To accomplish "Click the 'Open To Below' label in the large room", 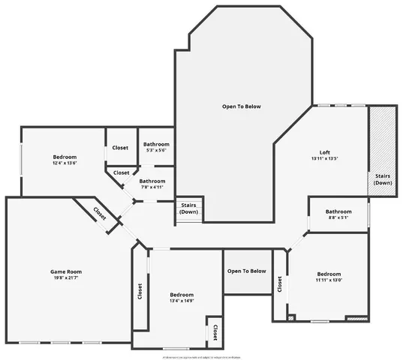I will click(242, 106).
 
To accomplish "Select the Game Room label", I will click(66, 271).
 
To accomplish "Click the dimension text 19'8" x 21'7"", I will click(66, 279).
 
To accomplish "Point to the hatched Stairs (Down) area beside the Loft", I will click(383, 150).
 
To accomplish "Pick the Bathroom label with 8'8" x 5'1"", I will click(338, 211).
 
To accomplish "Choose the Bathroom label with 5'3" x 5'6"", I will click(156, 144).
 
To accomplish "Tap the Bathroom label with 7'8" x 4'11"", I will click(152, 181).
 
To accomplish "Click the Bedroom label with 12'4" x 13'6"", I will click(65, 157).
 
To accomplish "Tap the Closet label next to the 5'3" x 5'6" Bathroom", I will click(120, 148).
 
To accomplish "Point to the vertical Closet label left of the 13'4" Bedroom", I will click(140, 291).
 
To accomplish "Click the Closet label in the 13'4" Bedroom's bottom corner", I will click(215, 331).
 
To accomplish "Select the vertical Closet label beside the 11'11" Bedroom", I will click(279, 284).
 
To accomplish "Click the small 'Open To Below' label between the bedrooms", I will click(247, 271).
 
